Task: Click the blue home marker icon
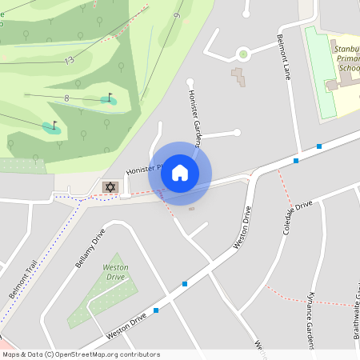[179, 173]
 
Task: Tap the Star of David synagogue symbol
[110, 186]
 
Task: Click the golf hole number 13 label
[70, 60]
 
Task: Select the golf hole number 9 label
[177, 15]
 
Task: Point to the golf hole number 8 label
[66, 98]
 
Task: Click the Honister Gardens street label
[194, 117]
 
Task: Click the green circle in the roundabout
[243, 54]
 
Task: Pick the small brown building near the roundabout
[238, 78]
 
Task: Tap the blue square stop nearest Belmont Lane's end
[319, 146]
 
